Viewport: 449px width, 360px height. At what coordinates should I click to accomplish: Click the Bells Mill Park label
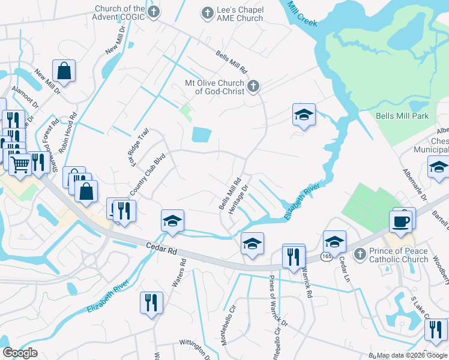pos(402,116)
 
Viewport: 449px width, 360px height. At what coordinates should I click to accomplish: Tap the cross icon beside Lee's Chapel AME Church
pos(207,13)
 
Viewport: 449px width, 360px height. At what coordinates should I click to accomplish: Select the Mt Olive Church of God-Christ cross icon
pos(253,86)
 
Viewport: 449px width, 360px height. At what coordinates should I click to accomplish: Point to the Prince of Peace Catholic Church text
pos(399,255)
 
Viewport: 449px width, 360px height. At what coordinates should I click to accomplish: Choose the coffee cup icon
pos(402,221)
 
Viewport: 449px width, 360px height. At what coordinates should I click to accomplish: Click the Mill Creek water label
pos(302,14)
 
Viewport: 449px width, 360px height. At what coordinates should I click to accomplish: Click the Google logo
pos(20,353)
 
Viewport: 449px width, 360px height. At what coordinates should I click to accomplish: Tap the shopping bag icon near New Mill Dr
pos(64,71)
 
